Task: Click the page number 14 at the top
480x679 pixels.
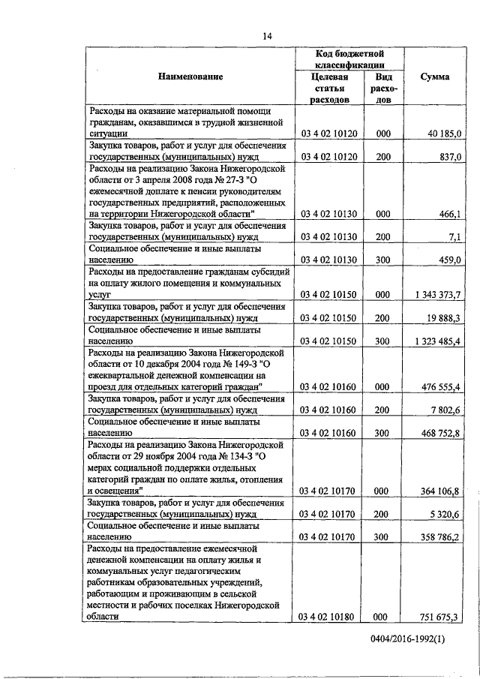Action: coord(266,36)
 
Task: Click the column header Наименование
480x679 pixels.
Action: coord(190,77)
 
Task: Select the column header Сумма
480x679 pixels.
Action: coord(435,77)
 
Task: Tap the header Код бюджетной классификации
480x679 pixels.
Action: coord(349,60)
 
